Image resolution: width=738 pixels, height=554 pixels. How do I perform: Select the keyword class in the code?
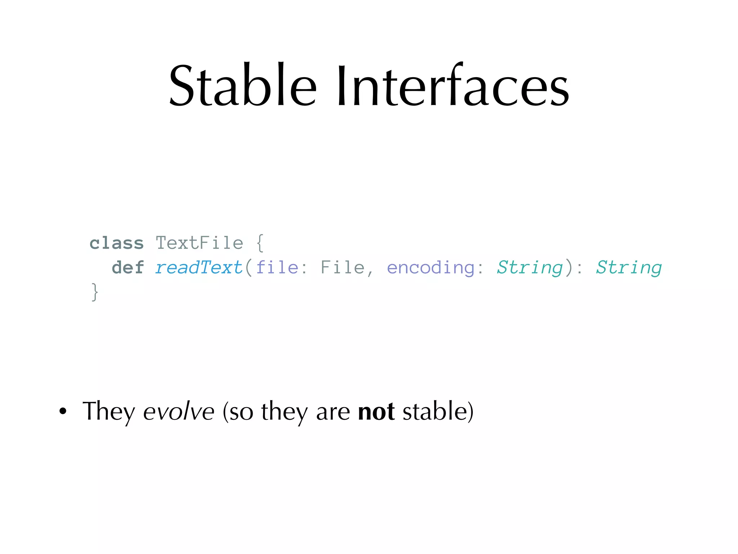coord(116,243)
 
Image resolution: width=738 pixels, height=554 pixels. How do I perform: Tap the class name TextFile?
coord(199,243)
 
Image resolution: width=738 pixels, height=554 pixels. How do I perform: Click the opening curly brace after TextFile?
coord(260,243)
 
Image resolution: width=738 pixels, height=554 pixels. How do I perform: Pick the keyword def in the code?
coord(128,268)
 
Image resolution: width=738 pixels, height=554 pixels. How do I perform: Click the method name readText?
coord(199,268)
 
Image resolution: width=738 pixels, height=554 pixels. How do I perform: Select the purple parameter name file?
coord(277,268)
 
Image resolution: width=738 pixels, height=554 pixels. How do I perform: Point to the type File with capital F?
coord(342,268)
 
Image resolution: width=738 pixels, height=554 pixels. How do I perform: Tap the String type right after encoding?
coord(529,268)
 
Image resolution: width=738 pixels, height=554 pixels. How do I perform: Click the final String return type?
coord(628,268)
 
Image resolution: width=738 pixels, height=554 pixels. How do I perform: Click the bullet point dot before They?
coord(63,411)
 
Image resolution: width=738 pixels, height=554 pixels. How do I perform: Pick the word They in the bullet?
coord(108,411)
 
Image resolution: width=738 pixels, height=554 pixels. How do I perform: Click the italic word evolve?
coord(179,411)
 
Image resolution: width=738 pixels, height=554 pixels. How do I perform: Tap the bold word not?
coord(376,411)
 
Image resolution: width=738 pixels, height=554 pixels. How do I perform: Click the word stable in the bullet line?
coord(435,411)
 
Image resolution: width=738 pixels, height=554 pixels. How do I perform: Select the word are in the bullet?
coord(333,412)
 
